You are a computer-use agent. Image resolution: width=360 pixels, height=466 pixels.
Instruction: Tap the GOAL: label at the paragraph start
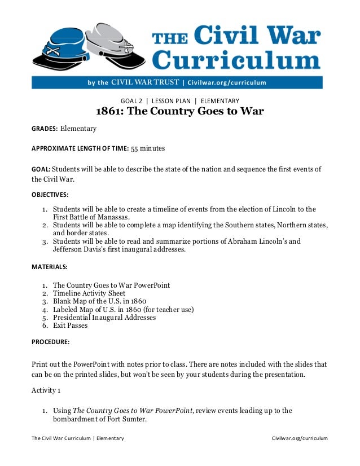point(41,169)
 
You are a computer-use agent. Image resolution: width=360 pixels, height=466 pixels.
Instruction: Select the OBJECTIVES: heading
point(50,194)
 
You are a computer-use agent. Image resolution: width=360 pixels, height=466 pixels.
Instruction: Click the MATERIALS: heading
point(49,266)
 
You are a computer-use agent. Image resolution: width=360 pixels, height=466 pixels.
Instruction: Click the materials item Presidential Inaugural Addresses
point(104,318)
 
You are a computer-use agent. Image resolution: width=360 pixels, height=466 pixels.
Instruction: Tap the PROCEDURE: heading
point(50,342)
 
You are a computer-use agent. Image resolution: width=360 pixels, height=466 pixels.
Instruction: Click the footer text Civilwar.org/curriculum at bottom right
point(299,438)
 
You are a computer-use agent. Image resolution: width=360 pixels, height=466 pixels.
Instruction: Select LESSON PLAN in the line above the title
point(172,101)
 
